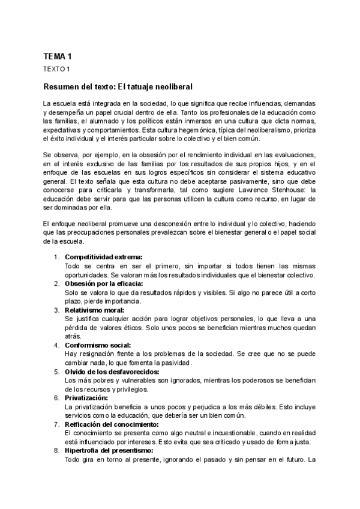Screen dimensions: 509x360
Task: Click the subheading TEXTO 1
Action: [x=57, y=69]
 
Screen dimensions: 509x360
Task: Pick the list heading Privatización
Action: [x=86, y=398]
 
